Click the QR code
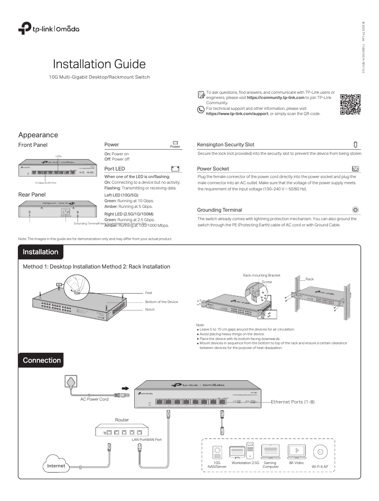(350, 105)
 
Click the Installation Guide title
(99, 64)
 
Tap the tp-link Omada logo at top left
(49, 29)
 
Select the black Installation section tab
(41, 252)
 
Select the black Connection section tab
(42, 360)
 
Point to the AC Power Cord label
(94, 399)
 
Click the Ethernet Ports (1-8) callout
(293, 402)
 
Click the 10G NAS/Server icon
(217, 453)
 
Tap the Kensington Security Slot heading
(225, 144)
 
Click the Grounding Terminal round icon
(355, 209)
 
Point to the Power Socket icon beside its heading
(355, 168)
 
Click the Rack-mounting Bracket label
(261, 275)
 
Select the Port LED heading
(114, 168)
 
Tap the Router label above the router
(122, 420)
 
